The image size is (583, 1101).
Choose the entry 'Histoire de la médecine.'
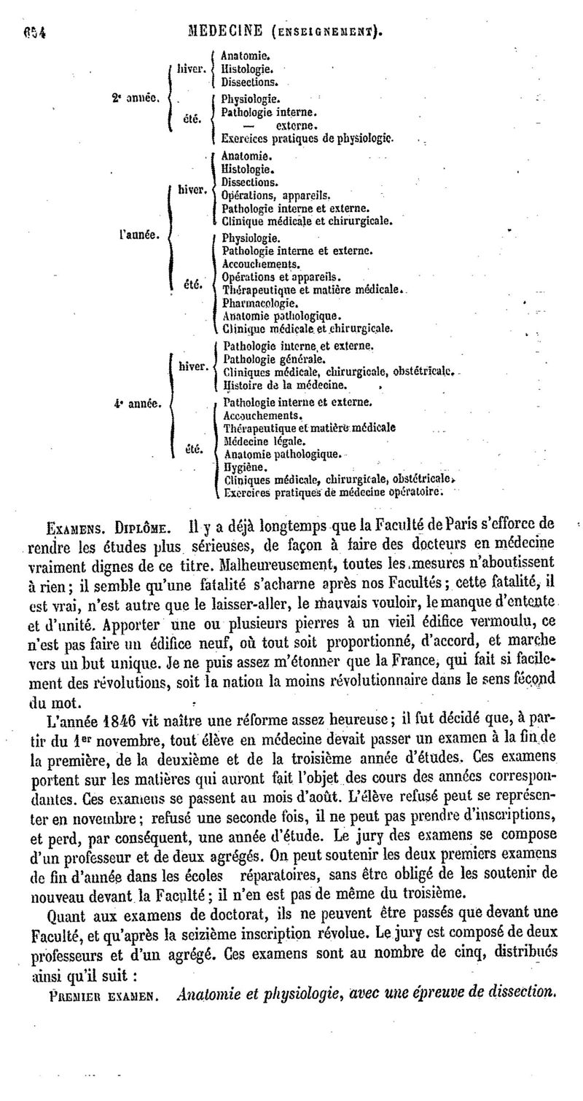click(x=285, y=384)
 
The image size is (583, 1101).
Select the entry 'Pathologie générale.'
click(x=273, y=358)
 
